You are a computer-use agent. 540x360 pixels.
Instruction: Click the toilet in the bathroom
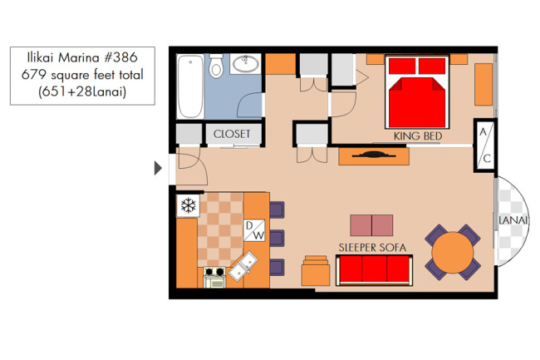point(216,66)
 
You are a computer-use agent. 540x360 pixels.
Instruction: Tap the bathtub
point(190,86)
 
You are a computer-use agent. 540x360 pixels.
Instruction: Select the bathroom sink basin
point(246,64)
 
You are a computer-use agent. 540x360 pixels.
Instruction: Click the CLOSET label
point(232,134)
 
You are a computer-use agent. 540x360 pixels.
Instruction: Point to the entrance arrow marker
point(158,168)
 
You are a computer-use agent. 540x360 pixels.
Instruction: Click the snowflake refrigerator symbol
point(188,205)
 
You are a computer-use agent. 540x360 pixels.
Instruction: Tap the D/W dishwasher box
point(254,230)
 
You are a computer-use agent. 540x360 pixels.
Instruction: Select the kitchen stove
point(214,278)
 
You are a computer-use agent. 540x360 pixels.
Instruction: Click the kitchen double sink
point(243,266)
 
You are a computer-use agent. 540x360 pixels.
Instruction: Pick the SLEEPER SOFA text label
point(372,248)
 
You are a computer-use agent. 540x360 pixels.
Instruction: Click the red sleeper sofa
point(375,270)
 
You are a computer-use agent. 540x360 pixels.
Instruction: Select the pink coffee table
point(371,225)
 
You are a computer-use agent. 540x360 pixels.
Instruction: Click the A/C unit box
point(485,145)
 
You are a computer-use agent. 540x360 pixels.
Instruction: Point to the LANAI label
point(513,220)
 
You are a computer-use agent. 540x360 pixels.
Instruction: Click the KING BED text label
point(418,136)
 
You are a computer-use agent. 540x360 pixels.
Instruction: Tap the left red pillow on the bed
point(402,67)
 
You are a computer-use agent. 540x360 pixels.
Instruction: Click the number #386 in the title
point(121,57)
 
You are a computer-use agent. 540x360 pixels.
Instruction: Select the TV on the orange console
point(374,155)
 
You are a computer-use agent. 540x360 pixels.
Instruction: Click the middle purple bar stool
point(277,238)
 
